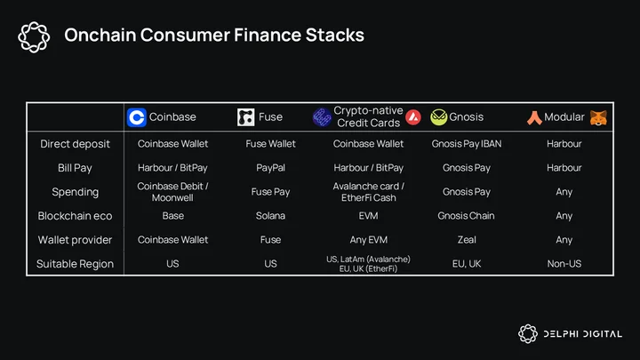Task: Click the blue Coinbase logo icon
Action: [136, 117]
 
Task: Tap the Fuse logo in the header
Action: [245, 117]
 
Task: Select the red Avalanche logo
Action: [413, 117]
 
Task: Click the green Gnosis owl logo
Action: [439, 117]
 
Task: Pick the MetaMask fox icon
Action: [598, 118]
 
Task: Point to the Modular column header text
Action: [564, 117]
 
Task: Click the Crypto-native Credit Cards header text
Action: [368, 116]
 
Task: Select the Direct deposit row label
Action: [75, 144]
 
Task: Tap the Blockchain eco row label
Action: [75, 216]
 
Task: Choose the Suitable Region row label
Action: [75, 264]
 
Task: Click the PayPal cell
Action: [270, 168]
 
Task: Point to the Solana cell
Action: [270, 215]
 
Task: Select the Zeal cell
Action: [467, 240]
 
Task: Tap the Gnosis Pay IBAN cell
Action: [467, 144]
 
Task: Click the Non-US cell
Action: [564, 264]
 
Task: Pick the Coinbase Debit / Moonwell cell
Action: [172, 192]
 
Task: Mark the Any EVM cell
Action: [369, 240]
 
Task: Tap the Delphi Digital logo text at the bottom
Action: [583, 334]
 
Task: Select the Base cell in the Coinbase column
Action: [173, 215]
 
